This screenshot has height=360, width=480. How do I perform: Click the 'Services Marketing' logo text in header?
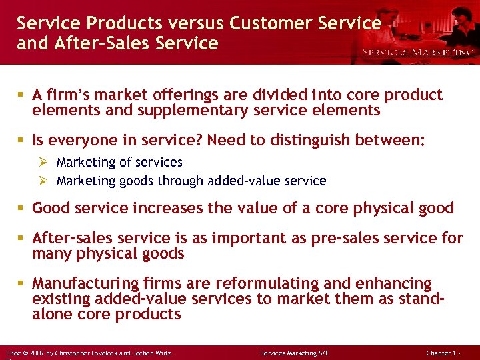418,51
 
